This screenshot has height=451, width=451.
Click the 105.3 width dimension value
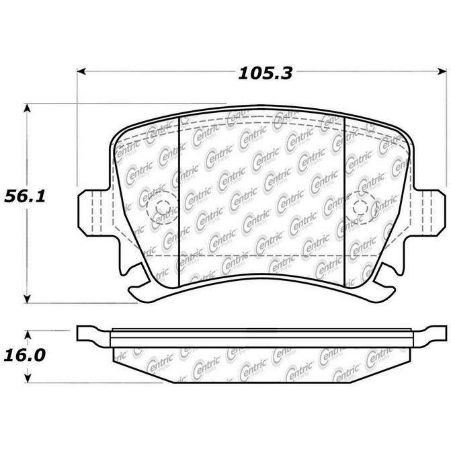click(265, 73)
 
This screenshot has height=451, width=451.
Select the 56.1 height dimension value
click(25, 197)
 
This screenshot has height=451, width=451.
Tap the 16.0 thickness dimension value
click(25, 355)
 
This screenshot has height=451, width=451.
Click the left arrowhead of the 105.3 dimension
click(82, 71)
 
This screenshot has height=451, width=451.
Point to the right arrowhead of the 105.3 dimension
click(442, 71)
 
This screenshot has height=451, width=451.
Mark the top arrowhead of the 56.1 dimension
click(27, 108)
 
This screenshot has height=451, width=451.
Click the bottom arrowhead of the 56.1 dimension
click(27, 298)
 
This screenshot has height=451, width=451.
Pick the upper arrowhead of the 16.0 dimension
click(28, 335)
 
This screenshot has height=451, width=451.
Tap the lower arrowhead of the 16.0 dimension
click(28, 378)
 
